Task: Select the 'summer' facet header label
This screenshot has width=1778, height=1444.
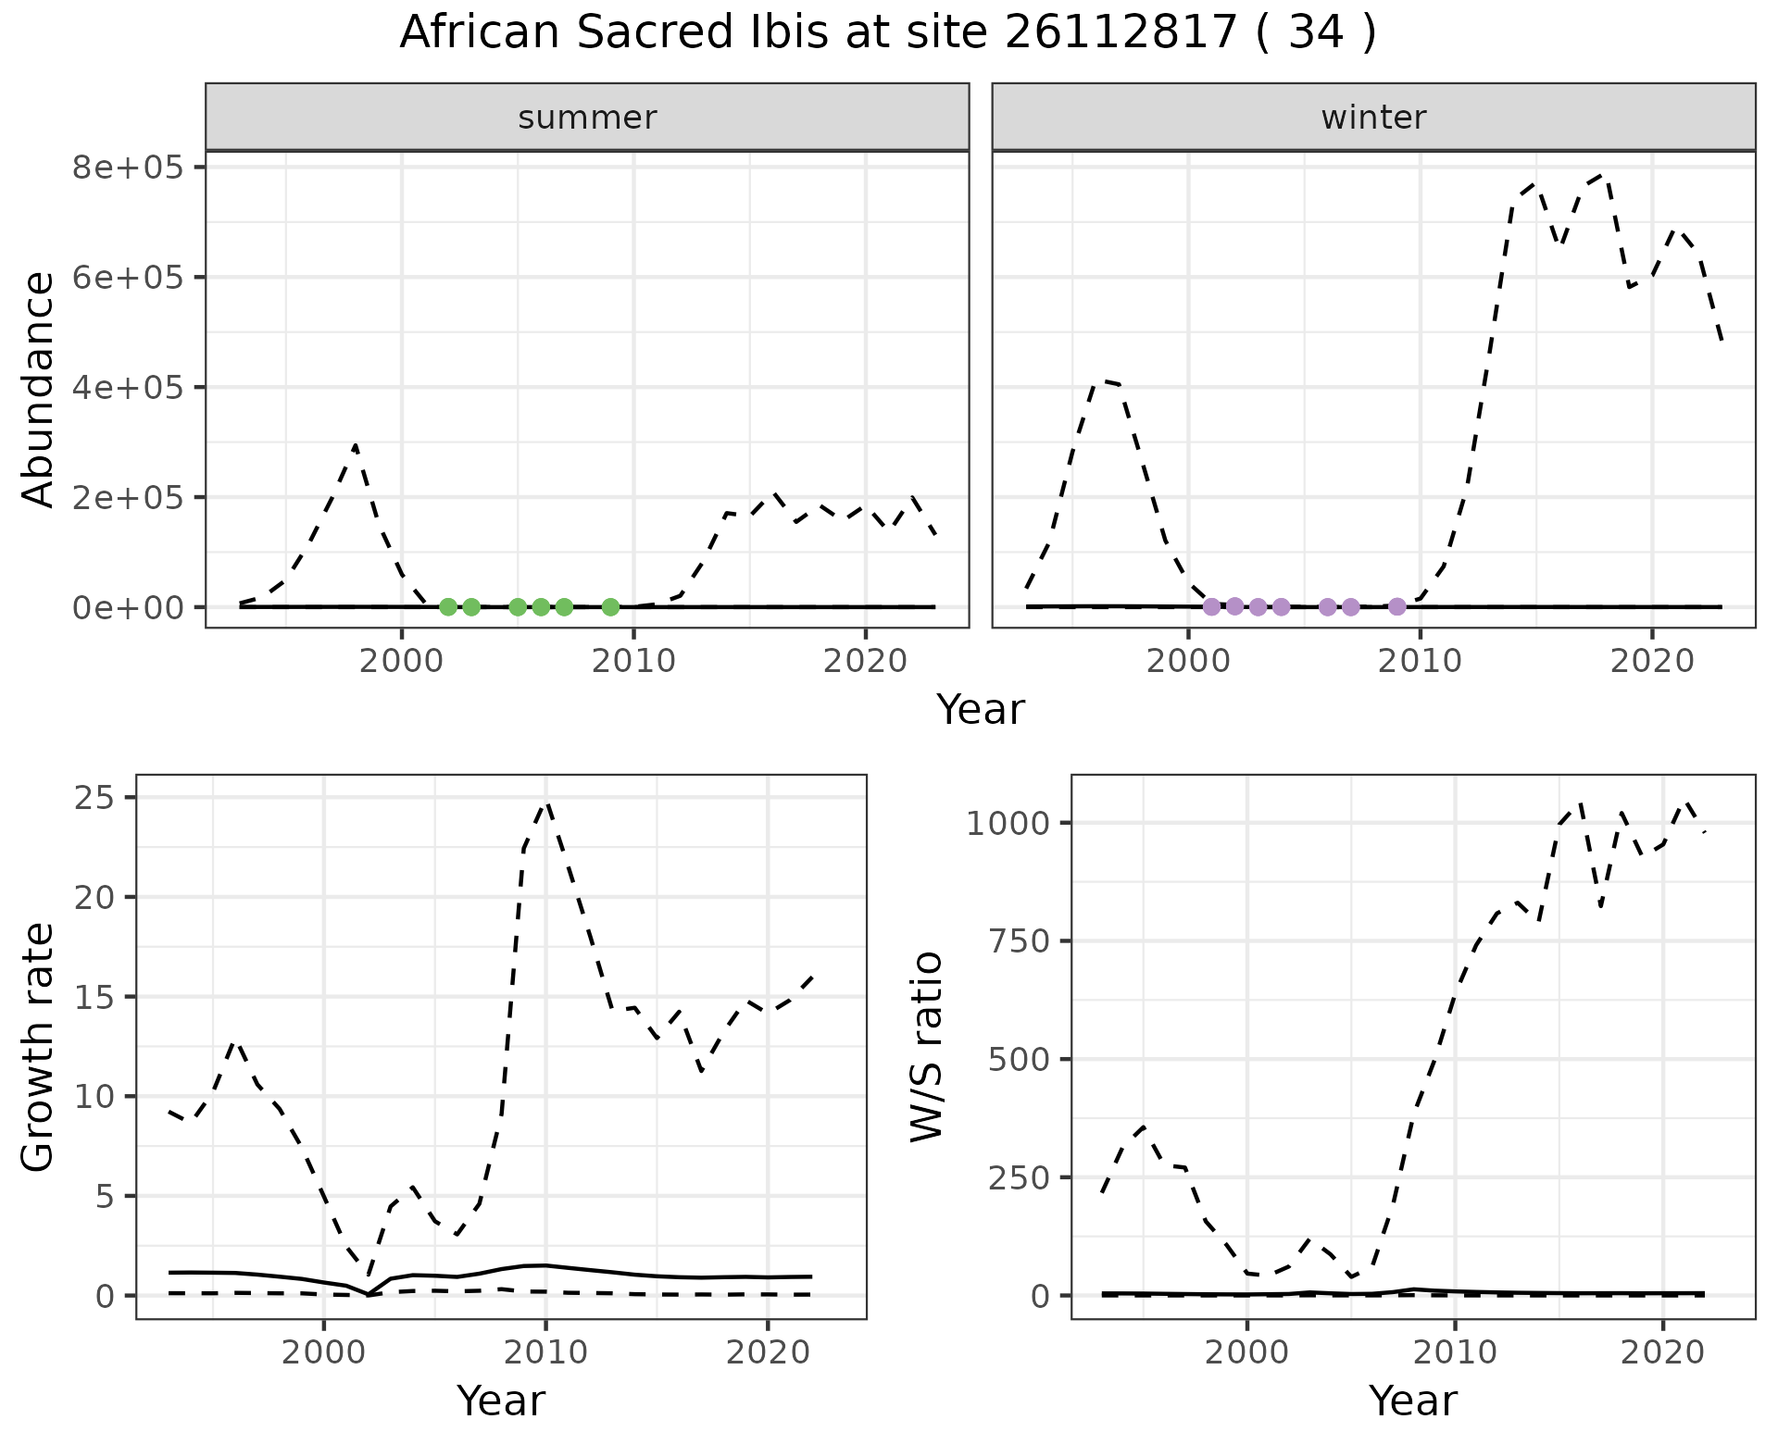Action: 587,118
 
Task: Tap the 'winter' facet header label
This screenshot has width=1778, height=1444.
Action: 1373,118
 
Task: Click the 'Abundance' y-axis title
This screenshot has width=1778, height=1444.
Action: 39,389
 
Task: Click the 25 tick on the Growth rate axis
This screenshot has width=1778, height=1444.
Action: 94,797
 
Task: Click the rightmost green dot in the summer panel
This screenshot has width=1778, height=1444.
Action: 610,607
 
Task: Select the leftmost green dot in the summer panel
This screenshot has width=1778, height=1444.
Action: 448,607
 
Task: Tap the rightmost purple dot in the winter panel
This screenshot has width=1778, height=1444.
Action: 1397,607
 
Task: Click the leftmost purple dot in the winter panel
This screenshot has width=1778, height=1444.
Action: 1211,607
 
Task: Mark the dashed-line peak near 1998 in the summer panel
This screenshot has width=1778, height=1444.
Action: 356,445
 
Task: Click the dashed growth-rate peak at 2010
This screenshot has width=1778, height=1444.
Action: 546,803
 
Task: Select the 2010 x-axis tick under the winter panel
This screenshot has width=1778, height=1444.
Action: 1420,660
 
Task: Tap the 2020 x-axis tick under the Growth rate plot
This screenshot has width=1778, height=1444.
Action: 768,1352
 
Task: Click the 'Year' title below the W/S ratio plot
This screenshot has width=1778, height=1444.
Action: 1413,1401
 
